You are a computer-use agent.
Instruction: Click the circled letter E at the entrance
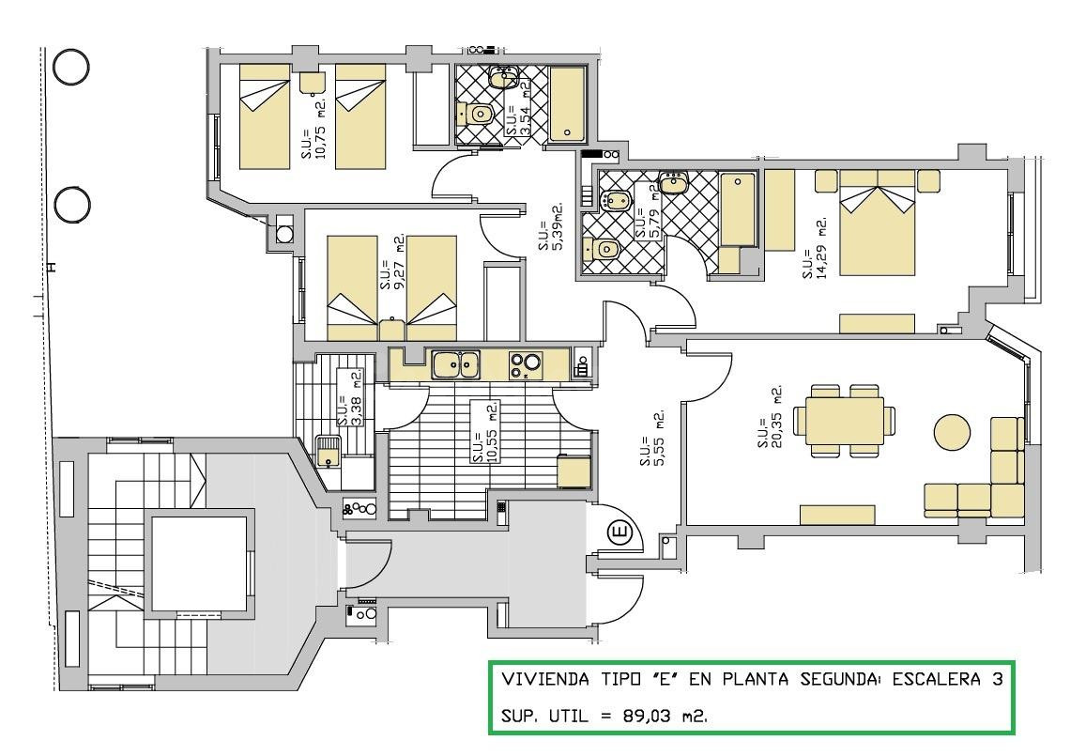619,533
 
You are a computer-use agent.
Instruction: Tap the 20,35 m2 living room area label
770,416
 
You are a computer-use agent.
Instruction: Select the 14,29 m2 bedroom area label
815,249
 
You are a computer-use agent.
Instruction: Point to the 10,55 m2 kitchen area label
483,432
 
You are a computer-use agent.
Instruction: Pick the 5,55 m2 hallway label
652,438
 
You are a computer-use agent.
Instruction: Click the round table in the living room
953,432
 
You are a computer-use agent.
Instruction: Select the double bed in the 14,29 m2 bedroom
877,223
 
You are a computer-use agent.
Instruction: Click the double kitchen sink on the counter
456,365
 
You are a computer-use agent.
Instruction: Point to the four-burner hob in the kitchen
526,365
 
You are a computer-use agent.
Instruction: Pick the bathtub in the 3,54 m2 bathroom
568,104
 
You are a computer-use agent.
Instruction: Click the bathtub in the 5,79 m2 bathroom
738,209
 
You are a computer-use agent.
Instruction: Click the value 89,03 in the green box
647,715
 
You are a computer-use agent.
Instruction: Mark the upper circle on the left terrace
70,68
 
